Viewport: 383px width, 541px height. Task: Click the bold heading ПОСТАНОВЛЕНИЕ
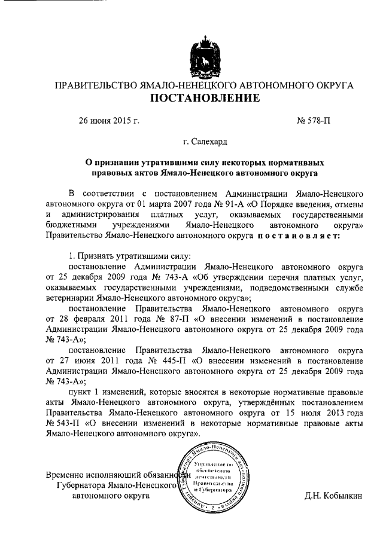pyautogui.click(x=204, y=99)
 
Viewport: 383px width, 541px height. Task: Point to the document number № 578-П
pyautogui.click(x=313, y=121)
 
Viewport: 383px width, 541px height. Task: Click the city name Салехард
pyautogui.click(x=209, y=142)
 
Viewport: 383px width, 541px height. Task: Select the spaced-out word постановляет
pyautogui.click(x=299, y=236)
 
